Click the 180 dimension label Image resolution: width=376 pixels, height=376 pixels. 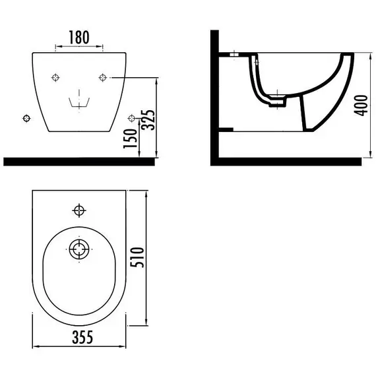[79, 37]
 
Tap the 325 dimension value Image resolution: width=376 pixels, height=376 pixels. [148, 120]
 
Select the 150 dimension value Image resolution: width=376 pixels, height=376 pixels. [130, 139]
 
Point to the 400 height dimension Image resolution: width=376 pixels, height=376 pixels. [361, 106]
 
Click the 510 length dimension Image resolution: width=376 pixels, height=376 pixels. [137, 257]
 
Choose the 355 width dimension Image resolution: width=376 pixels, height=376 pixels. [82, 337]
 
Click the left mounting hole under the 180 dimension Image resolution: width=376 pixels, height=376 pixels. [55, 77]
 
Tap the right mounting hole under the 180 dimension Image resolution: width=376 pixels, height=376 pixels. [103, 77]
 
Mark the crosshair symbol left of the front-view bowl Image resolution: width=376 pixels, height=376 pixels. [26, 118]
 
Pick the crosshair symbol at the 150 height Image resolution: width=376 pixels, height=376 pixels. [132, 118]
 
